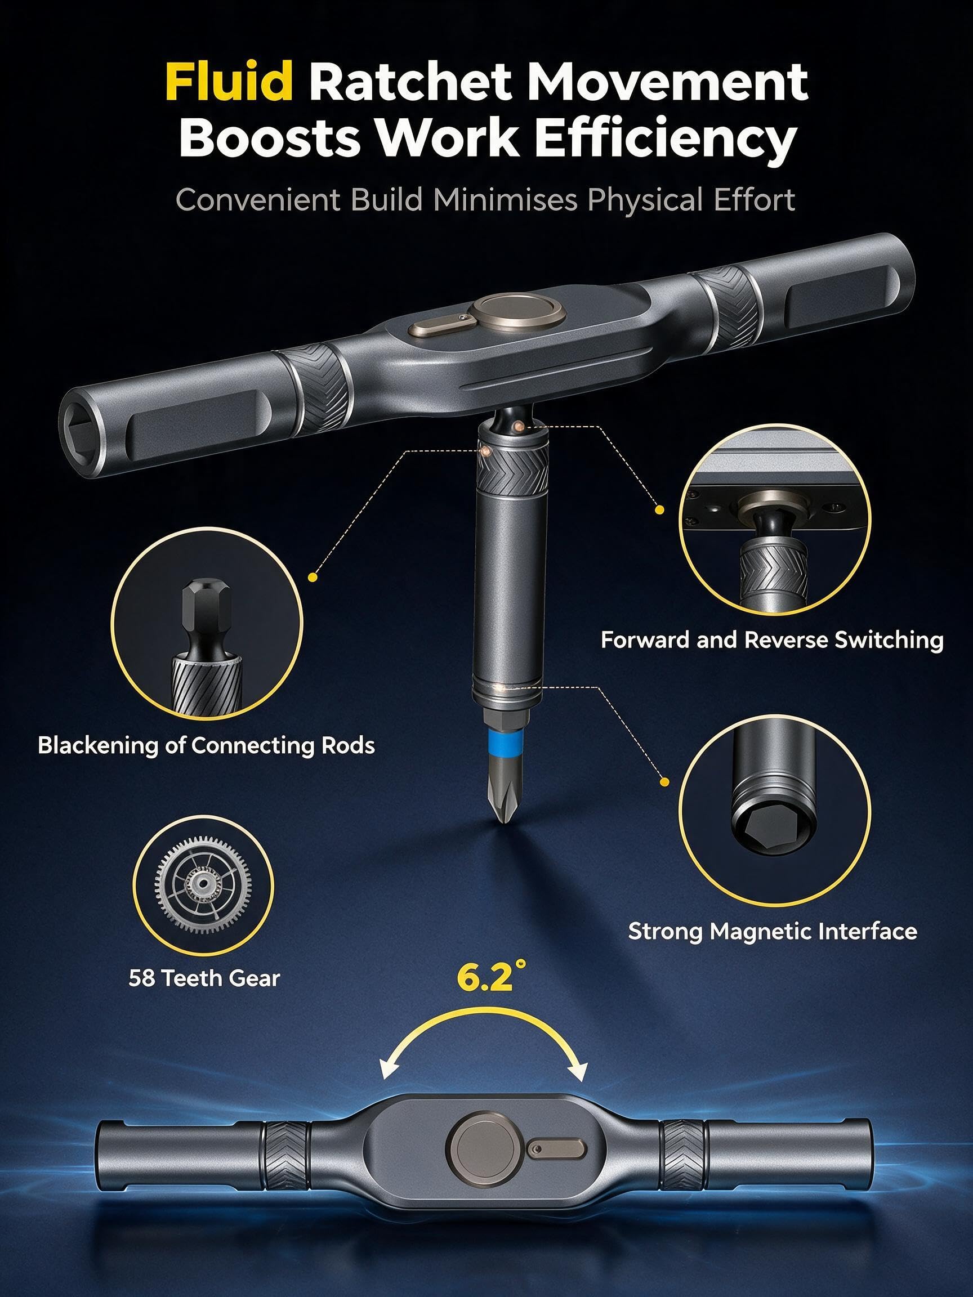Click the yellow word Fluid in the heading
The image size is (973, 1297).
[229, 81]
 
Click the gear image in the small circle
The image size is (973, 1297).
[203, 886]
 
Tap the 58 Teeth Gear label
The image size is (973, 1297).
[204, 978]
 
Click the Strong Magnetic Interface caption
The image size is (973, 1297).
[773, 932]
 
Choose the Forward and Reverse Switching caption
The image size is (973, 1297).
[772, 639]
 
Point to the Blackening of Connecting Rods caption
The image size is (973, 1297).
[206, 745]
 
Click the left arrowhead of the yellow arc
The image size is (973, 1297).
[389, 1070]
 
